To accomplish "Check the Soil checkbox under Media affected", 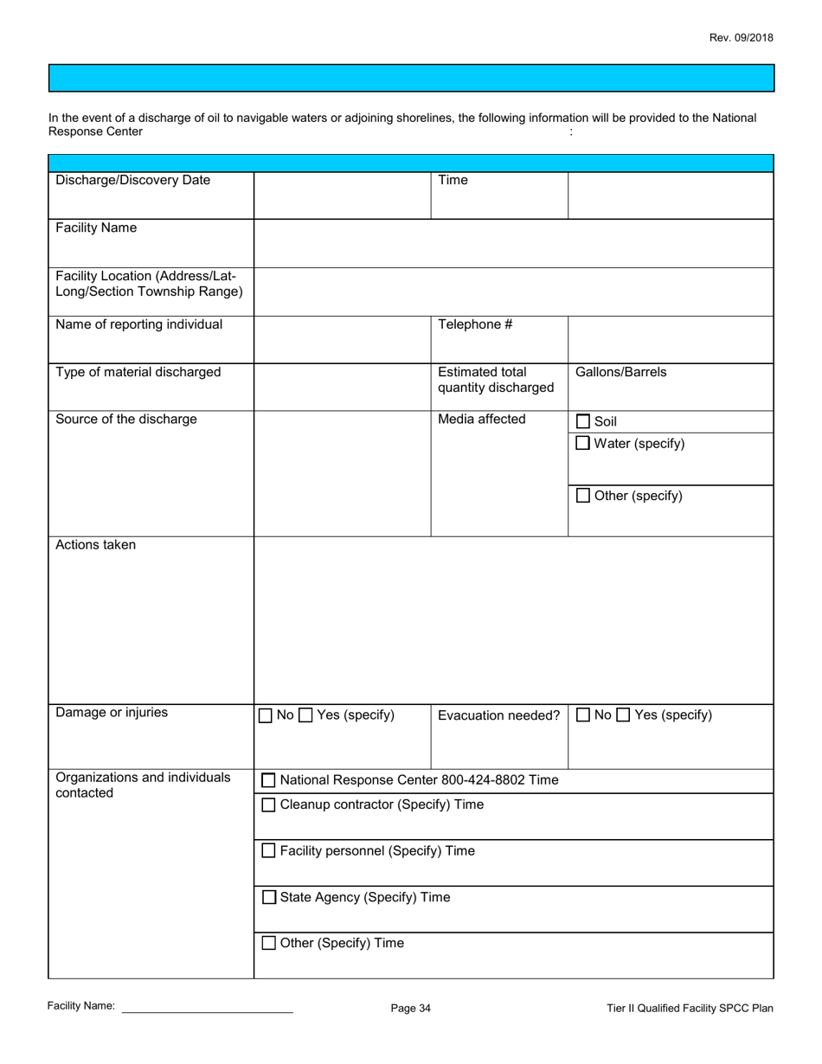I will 583,422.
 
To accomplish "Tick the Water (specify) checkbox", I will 583,444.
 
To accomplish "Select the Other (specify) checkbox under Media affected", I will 583,496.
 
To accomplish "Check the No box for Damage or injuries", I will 266,715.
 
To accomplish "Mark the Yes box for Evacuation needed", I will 623,715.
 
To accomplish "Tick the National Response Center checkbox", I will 269,780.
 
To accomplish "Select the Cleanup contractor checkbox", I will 269,805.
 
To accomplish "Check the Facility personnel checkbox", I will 269,851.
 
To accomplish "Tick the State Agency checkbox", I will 269,898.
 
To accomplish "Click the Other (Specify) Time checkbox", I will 269,944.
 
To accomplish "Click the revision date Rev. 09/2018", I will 741,38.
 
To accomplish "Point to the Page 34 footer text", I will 410,1008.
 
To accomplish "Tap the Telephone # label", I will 475,324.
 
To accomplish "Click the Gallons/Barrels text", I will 620,372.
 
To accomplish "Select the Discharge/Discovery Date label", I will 132,180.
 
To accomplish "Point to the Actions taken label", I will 95,545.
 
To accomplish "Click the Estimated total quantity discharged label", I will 495,380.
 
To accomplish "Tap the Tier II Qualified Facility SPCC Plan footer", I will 690,1008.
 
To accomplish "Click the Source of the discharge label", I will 126,420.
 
